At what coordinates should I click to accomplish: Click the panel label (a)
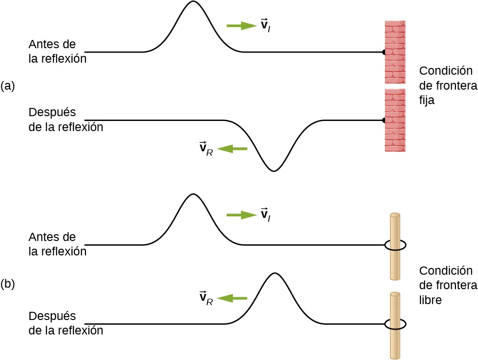coord(8,86)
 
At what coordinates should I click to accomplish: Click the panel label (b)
coord(8,284)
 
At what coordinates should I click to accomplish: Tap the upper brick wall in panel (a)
coord(395,52)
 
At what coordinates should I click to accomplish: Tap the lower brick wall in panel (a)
coord(395,120)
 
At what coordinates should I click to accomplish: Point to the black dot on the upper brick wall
coord(384,52)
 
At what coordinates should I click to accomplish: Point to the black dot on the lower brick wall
coord(384,120)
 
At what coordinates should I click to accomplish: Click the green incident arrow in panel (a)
coord(241,26)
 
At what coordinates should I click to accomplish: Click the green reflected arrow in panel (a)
coord(232,149)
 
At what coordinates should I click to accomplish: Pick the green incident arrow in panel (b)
coord(241,215)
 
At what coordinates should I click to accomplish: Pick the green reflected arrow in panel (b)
coord(232,299)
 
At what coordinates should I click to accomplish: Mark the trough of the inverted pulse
coord(274,171)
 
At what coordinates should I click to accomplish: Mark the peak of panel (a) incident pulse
coord(193,2)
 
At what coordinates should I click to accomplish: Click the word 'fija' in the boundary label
coord(427,102)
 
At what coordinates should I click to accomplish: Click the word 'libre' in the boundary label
coord(430,300)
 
